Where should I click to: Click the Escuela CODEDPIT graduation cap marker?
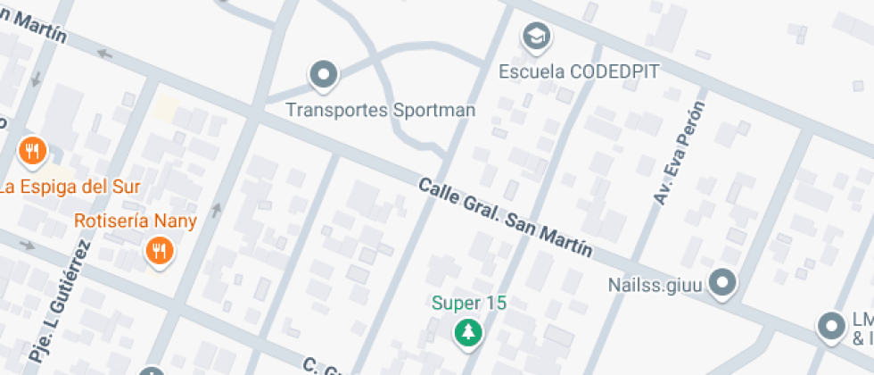pos(535,37)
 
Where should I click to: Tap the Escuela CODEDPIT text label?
pos(579,71)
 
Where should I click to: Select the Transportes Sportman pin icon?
pos(324,75)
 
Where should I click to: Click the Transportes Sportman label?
pos(380,111)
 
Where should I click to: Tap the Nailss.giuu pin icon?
pos(725,285)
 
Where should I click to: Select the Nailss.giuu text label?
pos(656,286)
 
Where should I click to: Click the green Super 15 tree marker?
pos(467,333)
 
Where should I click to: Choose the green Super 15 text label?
pos(469,303)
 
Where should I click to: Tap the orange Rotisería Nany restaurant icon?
pos(159,252)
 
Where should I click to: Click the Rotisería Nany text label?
pos(136,221)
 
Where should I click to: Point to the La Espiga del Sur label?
pos(70,187)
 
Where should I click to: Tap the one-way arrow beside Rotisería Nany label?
pos(215,210)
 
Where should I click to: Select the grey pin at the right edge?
pos(832,326)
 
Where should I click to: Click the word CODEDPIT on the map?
pos(614,71)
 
